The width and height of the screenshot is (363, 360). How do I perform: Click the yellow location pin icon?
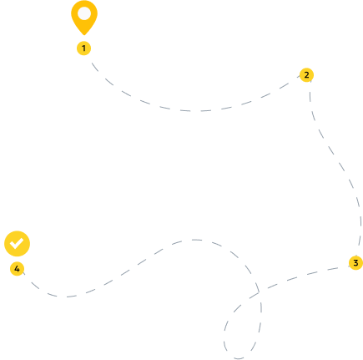(x=84, y=17)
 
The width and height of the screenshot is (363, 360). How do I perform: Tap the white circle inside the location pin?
(x=84, y=13)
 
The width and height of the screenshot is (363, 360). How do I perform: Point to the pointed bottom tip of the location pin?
(x=84, y=35)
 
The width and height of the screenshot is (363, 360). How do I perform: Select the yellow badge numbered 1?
(x=83, y=48)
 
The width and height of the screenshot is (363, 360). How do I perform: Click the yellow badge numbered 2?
(x=306, y=75)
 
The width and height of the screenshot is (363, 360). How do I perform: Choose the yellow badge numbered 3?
(x=355, y=263)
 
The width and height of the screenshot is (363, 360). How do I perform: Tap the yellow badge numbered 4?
(x=17, y=269)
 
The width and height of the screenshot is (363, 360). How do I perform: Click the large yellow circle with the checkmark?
(x=17, y=244)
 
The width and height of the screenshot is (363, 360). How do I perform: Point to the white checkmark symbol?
(x=17, y=243)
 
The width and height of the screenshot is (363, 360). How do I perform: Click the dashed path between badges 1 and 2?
(x=194, y=111)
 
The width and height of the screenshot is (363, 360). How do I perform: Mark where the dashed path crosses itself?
(x=260, y=292)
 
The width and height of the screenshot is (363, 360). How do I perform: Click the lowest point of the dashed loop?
(x=239, y=358)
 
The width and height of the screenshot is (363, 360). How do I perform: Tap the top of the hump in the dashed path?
(x=195, y=240)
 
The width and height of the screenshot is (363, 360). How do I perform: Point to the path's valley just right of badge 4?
(x=63, y=297)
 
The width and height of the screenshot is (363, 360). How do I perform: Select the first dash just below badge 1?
(x=95, y=67)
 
